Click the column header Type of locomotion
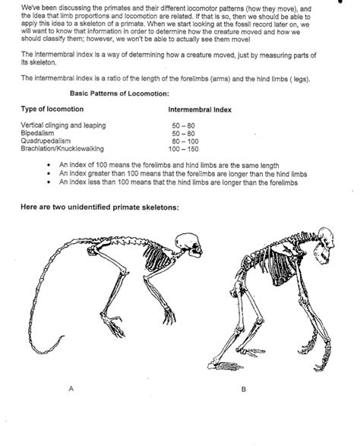click(x=52, y=109)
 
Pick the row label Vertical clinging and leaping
click(x=63, y=124)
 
